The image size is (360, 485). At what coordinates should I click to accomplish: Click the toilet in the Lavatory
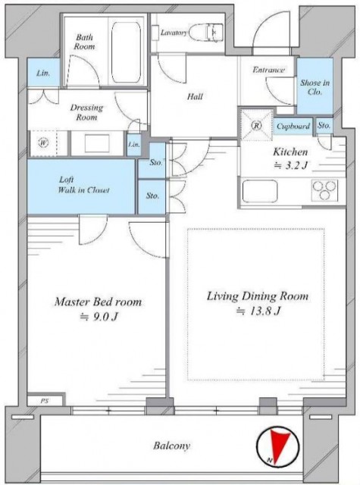[x=205, y=32]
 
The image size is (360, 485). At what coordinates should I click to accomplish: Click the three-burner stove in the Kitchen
[x=324, y=190]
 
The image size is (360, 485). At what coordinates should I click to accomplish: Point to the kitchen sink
[x=260, y=191]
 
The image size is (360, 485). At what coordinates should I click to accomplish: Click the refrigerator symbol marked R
[x=257, y=125]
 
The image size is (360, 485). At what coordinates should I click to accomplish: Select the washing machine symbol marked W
[x=44, y=143]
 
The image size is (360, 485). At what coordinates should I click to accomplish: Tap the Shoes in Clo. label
[x=315, y=87]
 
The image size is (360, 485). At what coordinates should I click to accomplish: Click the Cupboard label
[x=293, y=127]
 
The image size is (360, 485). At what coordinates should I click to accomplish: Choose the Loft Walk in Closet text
[x=83, y=185]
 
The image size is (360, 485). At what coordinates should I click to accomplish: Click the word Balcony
[x=171, y=446]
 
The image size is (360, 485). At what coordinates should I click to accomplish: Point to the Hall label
[x=195, y=96]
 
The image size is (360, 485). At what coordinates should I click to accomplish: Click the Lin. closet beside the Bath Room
[x=43, y=73]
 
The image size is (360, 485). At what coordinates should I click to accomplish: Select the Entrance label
[x=268, y=70]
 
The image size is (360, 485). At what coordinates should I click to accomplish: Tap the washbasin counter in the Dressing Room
[x=98, y=143]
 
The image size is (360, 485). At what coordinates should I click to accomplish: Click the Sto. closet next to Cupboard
[x=324, y=126]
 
